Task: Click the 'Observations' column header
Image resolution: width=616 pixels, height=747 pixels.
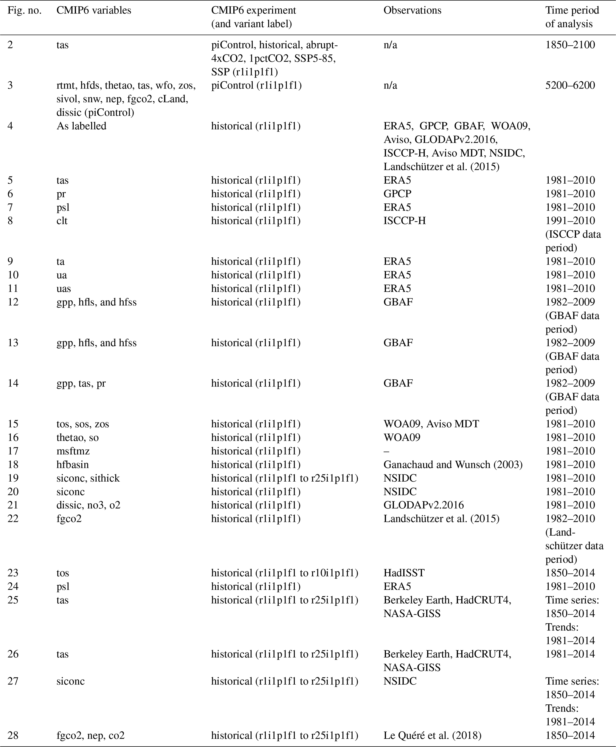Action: click(x=412, y=11)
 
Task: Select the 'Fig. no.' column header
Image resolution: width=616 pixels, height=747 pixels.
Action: click(x=24, y=11)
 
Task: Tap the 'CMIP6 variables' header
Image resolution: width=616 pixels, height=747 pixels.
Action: click(x=94, y=11)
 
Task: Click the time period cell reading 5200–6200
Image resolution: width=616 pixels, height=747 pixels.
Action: click(x=570, y=86)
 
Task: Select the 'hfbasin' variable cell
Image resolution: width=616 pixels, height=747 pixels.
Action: click(x=73, y=465)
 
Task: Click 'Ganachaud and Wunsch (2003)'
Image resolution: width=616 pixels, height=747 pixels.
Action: click(x=453, y=465)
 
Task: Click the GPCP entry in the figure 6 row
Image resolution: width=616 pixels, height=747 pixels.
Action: click(x=398, y=194)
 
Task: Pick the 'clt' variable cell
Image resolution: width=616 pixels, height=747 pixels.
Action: click(x=62, y=221)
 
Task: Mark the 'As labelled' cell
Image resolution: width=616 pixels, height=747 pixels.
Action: click(x=81, y=126)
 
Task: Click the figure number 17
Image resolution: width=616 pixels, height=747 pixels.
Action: click(x=13, y=451)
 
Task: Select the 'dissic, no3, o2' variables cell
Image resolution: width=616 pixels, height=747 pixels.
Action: click(x=88, y=505)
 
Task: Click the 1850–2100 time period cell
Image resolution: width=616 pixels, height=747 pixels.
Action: click(x=570, y=45)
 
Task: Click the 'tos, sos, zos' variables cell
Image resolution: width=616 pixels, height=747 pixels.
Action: click(x=83, y=424)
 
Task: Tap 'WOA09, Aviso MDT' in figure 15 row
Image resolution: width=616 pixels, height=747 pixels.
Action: click(x=431, y=424)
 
